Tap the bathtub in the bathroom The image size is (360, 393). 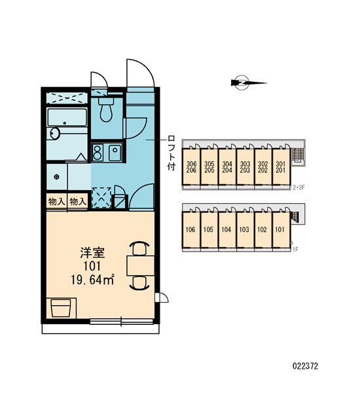[x=67, y=117]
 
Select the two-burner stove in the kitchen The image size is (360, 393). [x=98, y=152]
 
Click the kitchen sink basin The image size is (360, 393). [x=115, y=153]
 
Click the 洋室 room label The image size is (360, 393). [x=92, y=253]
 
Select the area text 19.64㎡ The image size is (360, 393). [x=93, y=280]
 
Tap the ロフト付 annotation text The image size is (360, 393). [x=171, y=153]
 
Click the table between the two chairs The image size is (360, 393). [x=140, y=265]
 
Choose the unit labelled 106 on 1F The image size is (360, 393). [x=191, y=230]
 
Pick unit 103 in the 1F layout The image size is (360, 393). [x=245, y=230]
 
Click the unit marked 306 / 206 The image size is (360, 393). [x=191, y=167]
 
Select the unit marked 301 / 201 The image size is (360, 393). [x=281, y=167]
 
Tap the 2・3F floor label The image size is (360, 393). [x=298, y=187]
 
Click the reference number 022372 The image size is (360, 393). [x=305, y=366]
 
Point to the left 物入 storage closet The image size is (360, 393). [x=56, y=201]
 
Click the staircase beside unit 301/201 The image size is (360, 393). [x=298, y=156]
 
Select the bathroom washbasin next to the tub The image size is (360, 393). [x=54, y=134]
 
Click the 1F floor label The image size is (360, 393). [x=296, y=250]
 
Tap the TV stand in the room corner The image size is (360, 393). [x=62, y=308]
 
